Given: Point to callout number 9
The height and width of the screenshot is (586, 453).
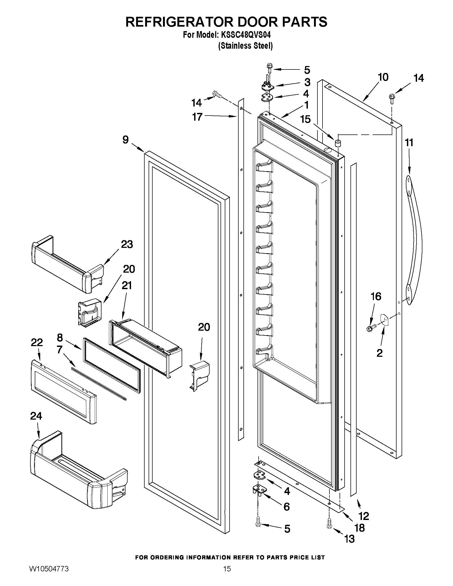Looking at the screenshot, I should (x=126, y=140).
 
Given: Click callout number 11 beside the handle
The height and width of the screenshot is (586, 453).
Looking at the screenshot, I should (x=409, y=143).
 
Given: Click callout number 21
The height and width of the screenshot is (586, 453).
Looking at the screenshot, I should (x=127, y=285).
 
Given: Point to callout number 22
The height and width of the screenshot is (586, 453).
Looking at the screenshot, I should (x=37, y=342).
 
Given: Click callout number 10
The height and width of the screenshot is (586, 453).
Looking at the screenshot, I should (x=383, y=77).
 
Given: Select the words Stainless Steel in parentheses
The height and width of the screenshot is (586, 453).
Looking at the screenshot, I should (x=246, y=46).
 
